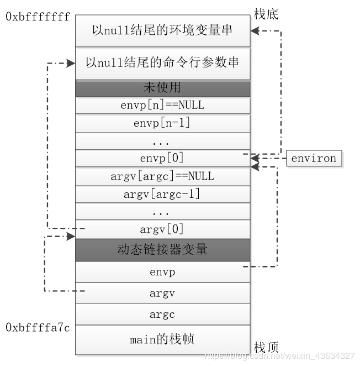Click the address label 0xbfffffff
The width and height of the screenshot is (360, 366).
tap(38, 17)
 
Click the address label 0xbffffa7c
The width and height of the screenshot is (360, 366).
tap(38, 328)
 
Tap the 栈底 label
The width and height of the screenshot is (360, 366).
tap(266, 14)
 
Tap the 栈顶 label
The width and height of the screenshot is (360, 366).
tap(266, 347)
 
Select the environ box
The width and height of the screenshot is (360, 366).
tap(313, 159)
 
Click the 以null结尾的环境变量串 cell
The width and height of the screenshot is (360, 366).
tap(162, 29)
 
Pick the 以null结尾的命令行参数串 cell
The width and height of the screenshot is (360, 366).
tap(162, 62)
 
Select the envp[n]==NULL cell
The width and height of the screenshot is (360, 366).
tap(162, 105)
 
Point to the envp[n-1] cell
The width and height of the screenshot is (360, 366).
tap(162, 123)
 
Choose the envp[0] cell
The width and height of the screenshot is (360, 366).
tap(162, 159)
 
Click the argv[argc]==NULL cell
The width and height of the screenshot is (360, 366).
tap(162, 176)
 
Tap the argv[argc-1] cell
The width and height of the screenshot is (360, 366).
tap(162, 194)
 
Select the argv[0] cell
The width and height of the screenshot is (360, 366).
tap(162, 229)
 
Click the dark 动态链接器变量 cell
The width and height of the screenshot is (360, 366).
tap(162, 249)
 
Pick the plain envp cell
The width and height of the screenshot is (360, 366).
tap(162, 271)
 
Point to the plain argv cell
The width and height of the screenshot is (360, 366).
tap(162, 294)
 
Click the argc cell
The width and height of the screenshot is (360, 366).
tap(162, 315)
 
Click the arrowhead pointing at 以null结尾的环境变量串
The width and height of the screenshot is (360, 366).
tap(256, 31)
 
